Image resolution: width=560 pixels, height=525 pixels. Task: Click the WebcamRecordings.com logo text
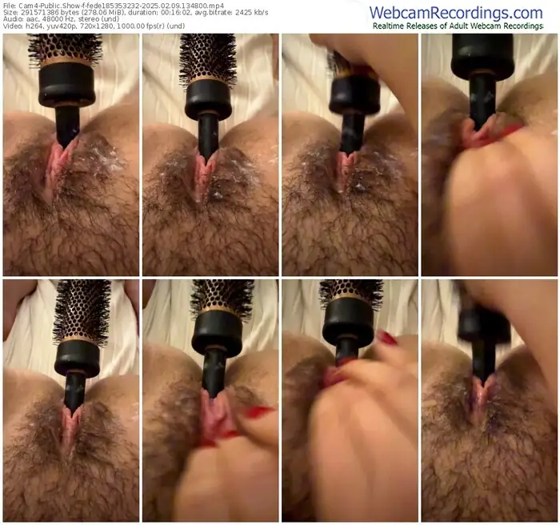click(x=456, y=13)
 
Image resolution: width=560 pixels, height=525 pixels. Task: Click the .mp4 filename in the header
click(x=122, y=6)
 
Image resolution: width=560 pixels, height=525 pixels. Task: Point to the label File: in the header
click(x=10, y=6)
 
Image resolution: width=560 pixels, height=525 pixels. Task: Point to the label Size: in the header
click(x=9, y=13)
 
